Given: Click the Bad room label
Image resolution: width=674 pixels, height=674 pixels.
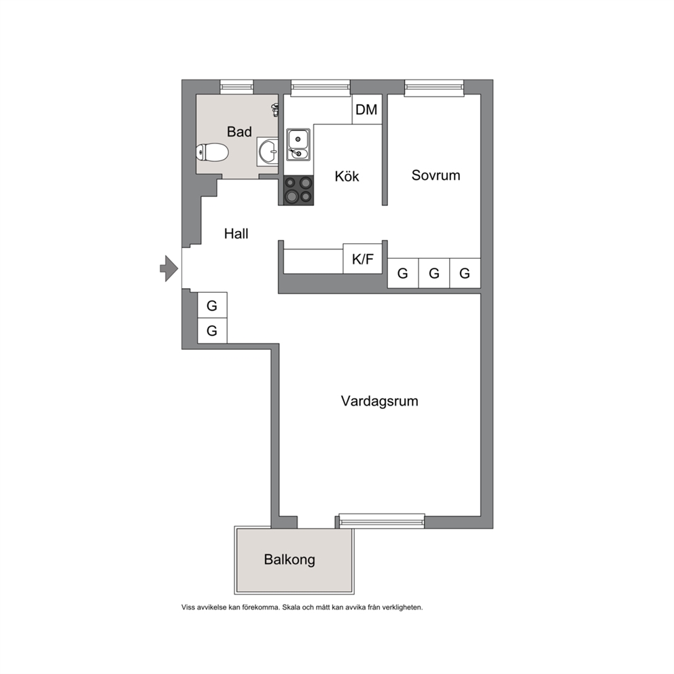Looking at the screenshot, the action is (x=239, y=132).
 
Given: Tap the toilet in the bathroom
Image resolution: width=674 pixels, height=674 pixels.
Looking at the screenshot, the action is (x=211, y=152).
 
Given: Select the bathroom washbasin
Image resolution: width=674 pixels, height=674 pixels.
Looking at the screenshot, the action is (x=268, y=152).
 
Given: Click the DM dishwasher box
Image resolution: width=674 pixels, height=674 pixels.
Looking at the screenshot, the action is (x=367, y=109).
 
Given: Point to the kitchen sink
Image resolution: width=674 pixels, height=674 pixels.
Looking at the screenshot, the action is (x=298, y=145).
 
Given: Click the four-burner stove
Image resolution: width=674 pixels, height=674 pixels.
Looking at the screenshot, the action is (x=298, y=190).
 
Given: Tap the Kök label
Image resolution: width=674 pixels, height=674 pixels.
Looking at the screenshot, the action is (x=347, y=176).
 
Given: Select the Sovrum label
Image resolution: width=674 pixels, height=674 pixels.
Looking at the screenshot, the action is (x=436, y=175).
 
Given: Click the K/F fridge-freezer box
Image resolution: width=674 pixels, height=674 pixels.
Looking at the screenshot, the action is (x=363, y=259).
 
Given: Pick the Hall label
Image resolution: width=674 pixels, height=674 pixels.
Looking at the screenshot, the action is (x=236, y=234).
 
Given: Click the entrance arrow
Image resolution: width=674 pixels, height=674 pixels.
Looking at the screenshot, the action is (x=169, y=268).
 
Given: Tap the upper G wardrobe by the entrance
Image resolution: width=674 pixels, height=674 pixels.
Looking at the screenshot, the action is (x=212, y=305).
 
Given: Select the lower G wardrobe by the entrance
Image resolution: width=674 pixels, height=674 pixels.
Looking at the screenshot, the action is (x=212, y=331).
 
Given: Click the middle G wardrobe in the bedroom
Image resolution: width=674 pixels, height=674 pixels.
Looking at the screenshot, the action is (x=434, y=273).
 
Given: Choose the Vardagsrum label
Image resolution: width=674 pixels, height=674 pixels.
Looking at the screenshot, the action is (x=380, y=401).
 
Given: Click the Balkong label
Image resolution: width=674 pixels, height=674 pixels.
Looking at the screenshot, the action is (x=289, y=560).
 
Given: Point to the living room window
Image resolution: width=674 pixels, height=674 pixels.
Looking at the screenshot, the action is (x=382, y=520).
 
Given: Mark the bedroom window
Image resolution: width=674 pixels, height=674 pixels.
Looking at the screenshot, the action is (x=434, y=87).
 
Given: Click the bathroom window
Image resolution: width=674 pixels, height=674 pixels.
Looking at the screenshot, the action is (x=237, y=87).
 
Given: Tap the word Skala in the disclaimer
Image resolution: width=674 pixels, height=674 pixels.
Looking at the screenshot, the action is (x=291, y=607).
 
